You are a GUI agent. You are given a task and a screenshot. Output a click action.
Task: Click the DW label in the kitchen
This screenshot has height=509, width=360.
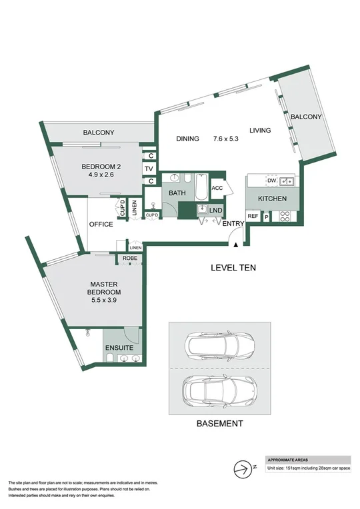coord(271,181)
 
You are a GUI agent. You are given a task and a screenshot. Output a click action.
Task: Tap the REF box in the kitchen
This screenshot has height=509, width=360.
coord(253,216)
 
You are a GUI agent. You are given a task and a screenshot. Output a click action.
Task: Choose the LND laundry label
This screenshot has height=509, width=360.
coord(215,211)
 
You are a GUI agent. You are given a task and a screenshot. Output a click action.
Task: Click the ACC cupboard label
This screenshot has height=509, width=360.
coord(217,188)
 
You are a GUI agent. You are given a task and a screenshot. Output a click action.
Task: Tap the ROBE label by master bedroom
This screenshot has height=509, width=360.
coord(129,259)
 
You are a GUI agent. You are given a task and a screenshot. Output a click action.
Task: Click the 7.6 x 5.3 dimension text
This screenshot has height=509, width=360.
coord(225,139)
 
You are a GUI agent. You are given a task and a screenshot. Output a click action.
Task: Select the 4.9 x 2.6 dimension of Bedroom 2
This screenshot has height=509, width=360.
coord(100,176)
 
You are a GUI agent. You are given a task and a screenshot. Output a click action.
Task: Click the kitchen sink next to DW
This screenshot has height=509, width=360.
coord(287,181)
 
